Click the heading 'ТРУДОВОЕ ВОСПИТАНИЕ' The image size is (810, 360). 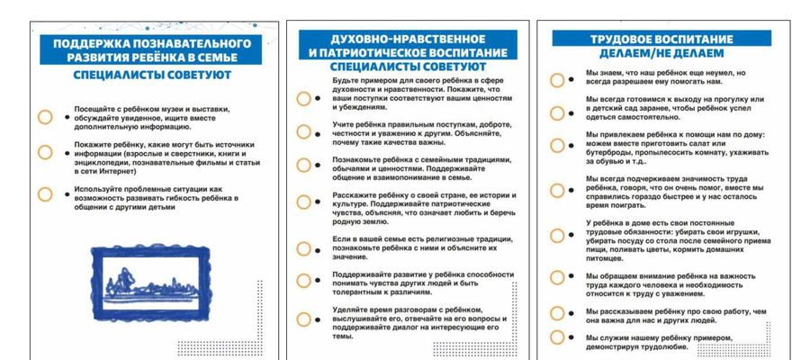[661, 40]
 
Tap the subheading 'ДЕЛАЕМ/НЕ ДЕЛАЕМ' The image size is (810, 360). [661, 53]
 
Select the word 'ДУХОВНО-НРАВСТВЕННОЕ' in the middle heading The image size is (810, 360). [408, 40]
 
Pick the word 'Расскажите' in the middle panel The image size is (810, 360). [353, 195]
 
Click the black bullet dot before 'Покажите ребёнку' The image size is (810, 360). [67, 153]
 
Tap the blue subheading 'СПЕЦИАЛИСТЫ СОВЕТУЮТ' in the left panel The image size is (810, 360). [152, 76]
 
